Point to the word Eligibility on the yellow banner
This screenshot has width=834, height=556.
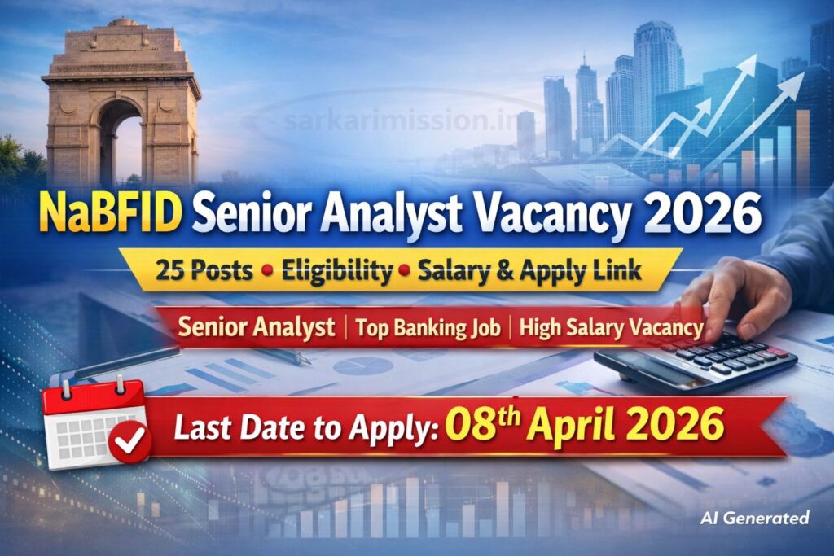[x=336, y=271]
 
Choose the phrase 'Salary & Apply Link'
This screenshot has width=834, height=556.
[x=529, y=271]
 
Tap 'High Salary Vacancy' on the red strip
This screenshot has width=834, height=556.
[x=611, y=327]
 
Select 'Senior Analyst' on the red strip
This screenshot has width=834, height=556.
[x=257, y=327]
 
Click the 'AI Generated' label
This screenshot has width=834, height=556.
[x=754, y=517]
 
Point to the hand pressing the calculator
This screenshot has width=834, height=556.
[x=733, y=297]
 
